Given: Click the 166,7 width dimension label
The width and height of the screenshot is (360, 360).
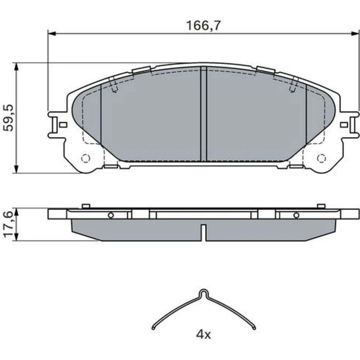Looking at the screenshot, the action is click(x=203, y=26).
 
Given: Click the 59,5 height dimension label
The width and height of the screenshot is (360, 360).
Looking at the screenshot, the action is click(x=9, y=118).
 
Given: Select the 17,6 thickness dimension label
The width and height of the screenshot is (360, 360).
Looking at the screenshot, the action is click(x=9, y=225).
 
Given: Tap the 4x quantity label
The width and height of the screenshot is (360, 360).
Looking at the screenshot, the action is click(x=203, y=335).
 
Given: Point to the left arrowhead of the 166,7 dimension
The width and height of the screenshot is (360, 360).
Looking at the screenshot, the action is click(x=51, y=34).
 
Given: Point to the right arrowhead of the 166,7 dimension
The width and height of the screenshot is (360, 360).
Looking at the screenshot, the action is click(x=355, y=34).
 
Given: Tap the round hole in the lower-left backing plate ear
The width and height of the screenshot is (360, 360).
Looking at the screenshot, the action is click(x=86, y=158).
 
